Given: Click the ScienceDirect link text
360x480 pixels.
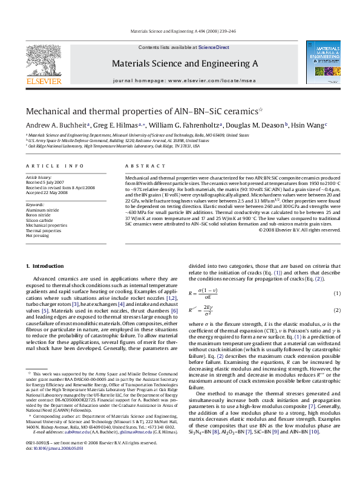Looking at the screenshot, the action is (214, 47).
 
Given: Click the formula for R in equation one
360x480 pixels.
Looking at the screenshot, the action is (208, 293).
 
